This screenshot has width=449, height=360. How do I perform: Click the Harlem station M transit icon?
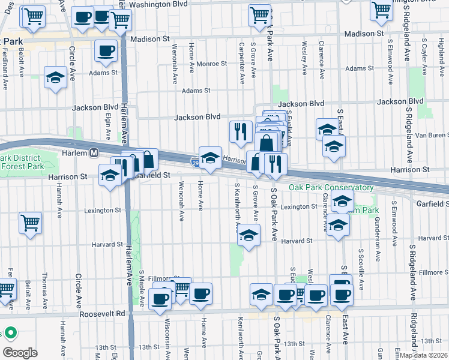coord(94,153)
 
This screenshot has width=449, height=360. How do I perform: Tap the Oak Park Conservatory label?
coord(331,188)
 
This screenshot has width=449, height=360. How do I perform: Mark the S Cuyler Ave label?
coord(424,58)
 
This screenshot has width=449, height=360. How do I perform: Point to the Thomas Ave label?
coord(44,289)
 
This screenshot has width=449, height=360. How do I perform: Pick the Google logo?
coord(19,352)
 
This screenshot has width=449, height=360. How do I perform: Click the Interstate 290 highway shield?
coord(195,162)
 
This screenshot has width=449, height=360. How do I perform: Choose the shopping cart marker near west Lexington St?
coord(30,223)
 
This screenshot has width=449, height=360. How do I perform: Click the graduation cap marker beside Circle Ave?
coord(55,78)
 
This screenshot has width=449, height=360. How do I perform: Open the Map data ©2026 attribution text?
coord(423,355)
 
